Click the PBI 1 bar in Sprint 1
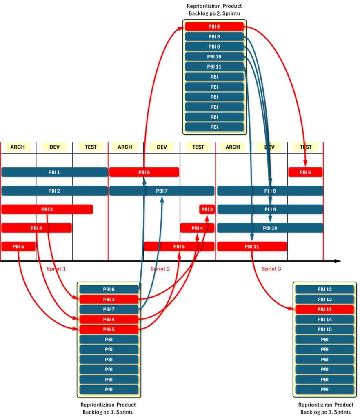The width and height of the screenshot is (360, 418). pyautogui.click(x=54, y=172)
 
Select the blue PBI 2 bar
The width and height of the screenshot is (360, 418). pyautogui.click(x=54, y=191)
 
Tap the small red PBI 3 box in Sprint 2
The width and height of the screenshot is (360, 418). pyautogui.click(x=207, y=209)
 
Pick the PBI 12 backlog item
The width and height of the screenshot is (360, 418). pyautogui.click(x=324, y=289)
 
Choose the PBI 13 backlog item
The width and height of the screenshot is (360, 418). pyautogui.click(x=324, y=299)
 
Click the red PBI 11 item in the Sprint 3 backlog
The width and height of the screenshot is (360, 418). pyautogui.click(x=324, y=309)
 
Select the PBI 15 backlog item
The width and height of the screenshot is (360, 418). pyautogui.click(x=324, y=329)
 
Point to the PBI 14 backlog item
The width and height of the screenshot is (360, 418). pyautogui.click(x=324, y=319)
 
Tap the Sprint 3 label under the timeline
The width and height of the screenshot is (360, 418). pyautogui.click(x=271, y=269)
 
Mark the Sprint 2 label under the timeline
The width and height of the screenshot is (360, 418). pyautogui.click(x=160, y=269)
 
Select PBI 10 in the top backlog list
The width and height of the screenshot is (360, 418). pyautogui.click(x=214, y=57)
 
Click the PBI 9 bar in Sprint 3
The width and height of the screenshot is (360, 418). pyautogui.click(x=270, y=209)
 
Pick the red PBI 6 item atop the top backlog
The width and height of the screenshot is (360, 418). pyautogui.click(x=214, y=27)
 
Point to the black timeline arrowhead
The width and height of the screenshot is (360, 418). pyautogui.click(x=337, y=261)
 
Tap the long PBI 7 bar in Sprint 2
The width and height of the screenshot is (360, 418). pyautogui.click(x=162, y=191)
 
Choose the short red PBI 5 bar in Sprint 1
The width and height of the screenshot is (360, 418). pyautogui.click(x=18, y=247)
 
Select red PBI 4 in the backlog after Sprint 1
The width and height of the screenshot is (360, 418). pyautogui.click(x=109, y=319)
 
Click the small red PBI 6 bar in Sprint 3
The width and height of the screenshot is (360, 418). pyautogui.click(x=305, y=172)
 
